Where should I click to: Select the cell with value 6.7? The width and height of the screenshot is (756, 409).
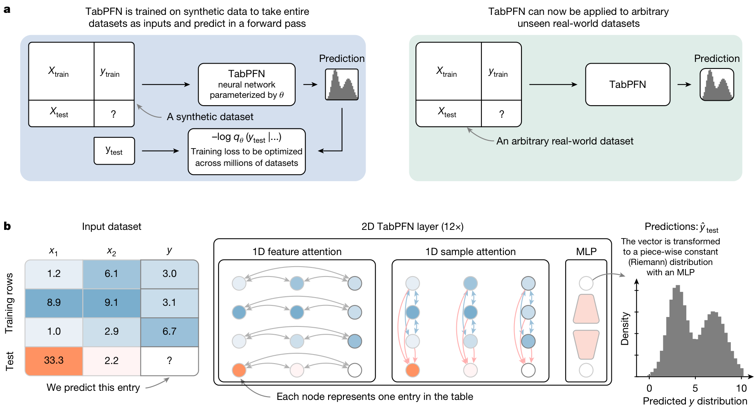click(169, 332)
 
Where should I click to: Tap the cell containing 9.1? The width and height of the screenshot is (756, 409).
click(112, 303)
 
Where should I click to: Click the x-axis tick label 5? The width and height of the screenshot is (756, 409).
click(695, 388)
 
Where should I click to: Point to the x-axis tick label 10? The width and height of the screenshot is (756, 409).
click(741, 388)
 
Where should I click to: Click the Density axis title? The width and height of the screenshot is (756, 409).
click(625, 329)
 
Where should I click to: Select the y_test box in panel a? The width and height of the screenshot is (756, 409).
click(114, 151)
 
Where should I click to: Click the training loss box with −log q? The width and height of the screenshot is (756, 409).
click(247, 151)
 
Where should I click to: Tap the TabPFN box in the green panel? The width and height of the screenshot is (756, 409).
click(628, 85)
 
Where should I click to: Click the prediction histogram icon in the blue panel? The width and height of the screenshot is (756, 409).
click(342, 85)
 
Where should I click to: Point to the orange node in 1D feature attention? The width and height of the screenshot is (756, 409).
click(239, 370)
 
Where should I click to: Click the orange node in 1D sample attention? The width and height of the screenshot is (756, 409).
click(413, 370)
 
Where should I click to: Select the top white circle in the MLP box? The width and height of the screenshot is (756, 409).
click(586, 284)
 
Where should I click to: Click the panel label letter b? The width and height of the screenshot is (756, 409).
click(7, 226)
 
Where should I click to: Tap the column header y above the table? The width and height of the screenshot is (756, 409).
click(169, 251)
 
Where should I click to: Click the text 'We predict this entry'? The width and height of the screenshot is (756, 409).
click(93, 388)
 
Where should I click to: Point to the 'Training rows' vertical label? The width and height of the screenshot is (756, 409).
click(9, 303)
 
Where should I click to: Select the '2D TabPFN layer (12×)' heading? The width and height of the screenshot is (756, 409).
click(413, 227)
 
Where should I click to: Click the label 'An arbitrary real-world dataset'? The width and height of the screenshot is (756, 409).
click(565, 141)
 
